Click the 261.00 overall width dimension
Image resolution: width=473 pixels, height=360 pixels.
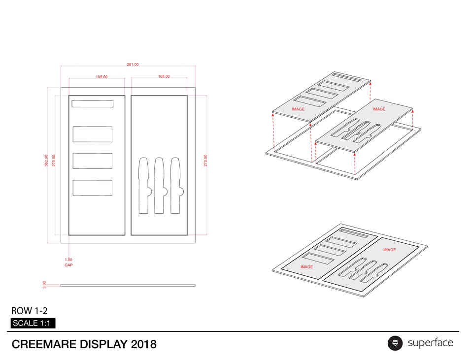tap(133, 65)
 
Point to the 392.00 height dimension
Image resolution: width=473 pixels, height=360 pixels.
tap(46, 161)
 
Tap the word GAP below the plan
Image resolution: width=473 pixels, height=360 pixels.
tap(68, 265)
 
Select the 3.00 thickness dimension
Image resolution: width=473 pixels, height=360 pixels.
tap(44, 285)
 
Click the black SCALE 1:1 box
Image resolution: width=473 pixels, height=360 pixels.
tap(33, 323)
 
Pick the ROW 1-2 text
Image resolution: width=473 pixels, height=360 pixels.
tap(29, 311)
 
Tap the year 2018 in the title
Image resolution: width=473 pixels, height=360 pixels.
tap(143, 344)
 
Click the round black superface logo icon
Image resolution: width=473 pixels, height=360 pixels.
tap(395, 343)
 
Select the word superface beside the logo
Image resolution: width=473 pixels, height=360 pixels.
tap(431, 343)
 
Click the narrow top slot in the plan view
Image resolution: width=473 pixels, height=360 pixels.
tap(93, 104)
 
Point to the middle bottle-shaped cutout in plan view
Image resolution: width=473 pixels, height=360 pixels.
tap(160, 186)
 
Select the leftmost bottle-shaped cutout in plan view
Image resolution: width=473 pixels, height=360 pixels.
tap(144, 186)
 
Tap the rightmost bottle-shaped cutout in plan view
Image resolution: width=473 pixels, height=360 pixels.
tap(176, 186)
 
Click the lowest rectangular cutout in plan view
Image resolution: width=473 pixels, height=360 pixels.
tap(93, 188)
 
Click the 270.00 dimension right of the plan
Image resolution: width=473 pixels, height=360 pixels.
tap(205, 161)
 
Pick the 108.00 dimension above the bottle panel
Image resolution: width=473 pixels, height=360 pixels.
tap(164, 76)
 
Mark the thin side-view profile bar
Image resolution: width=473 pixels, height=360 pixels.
tap(128, 285)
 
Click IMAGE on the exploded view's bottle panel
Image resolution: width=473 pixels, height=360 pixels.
tap(379, 109)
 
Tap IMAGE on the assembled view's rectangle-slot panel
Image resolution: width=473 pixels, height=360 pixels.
tap(306, 267)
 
